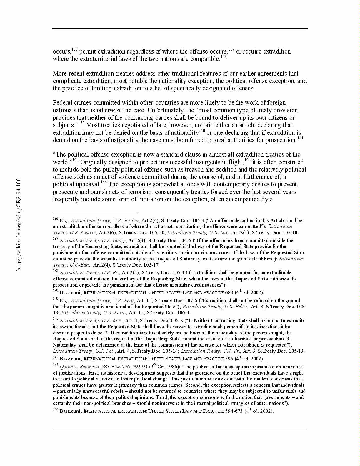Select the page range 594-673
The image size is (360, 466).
point(234,411)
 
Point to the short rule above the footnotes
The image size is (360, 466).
point(95,212)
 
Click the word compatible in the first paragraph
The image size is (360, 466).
point(204,59)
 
